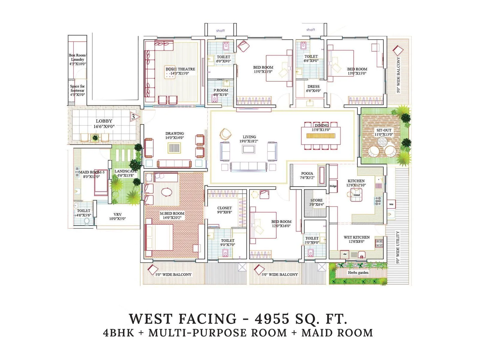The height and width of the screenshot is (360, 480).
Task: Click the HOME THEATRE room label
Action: point(180,69)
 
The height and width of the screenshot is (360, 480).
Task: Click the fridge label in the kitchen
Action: point(333,186)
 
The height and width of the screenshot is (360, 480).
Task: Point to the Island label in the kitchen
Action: point(356,195)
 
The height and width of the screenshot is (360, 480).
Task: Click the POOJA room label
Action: point(307,173)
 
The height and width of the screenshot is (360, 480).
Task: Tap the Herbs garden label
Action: point(358,273)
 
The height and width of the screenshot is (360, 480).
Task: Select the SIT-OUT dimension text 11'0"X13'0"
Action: point(384,134)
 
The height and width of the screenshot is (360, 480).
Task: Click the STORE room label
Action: point(316,200)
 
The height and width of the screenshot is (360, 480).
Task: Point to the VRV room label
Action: point(117,214)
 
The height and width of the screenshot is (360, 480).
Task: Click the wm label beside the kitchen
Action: point(391,204)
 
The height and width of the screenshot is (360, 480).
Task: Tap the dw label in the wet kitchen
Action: point(345,254)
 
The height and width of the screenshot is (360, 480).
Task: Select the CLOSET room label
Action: point(224,208)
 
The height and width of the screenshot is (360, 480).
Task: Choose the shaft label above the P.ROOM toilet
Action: point(220,31)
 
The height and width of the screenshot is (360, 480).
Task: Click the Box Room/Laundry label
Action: point(77,57)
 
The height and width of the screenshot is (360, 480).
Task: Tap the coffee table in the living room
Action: point(249,149)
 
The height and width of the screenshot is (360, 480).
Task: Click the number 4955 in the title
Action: point(272,319)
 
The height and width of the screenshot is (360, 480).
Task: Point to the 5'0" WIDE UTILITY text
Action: point(398,247)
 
